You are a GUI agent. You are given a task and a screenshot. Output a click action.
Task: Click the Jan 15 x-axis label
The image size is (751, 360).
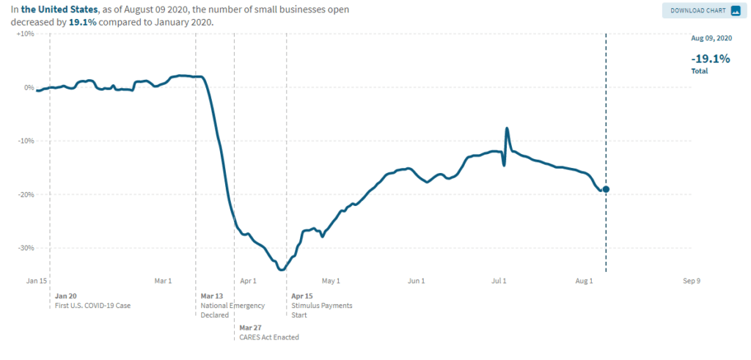pyautogui.click(x=37, y=281)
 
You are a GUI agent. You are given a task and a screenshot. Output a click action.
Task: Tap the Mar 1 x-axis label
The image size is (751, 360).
pyautogui.click(x=163, y=281)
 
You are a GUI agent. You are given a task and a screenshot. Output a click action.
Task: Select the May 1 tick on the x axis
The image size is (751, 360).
pyautogui.click(x=331, y=281)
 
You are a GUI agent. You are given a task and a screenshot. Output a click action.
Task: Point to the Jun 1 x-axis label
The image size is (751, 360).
pyautogui.click(x=417, y=281)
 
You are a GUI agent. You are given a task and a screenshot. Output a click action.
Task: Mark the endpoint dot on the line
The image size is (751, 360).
pyautogui.click(x=606, y=189)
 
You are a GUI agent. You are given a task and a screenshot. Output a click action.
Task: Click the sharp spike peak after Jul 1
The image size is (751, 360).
pyautogui.click(x=506, y=128)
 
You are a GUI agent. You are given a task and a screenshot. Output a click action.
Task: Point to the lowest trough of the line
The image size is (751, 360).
pyautogui.click(x=281, y=269)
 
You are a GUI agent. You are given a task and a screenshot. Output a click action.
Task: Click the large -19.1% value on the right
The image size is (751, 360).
pyautogui.click(x=711, y=59)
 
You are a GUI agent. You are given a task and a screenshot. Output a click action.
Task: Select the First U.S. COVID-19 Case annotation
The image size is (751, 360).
pyautogui.click(x=92, y=305)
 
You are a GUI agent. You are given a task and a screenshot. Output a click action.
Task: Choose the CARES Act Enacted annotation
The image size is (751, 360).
pyautogui.click(x=269, y=337)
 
